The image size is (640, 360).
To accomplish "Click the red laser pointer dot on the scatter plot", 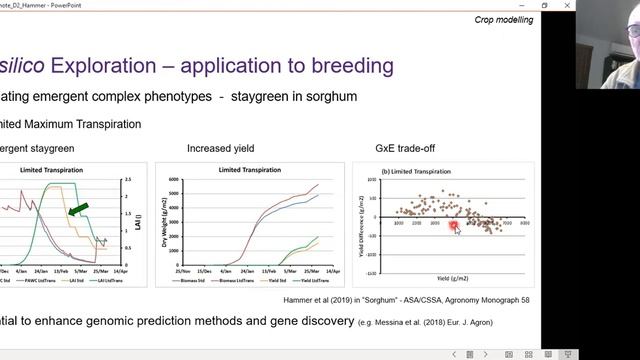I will coord(454,227).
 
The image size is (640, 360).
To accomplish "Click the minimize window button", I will coord(521,6).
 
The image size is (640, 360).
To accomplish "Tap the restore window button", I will coord(545,6).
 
